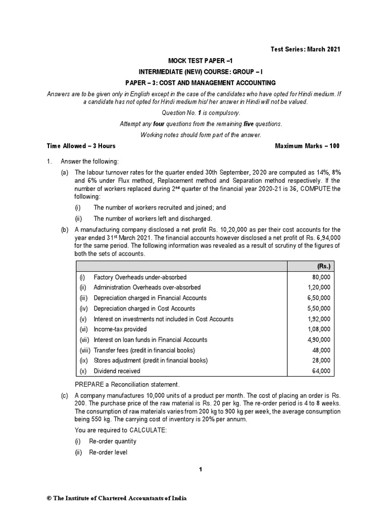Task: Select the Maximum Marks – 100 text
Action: click(x=307, y=146)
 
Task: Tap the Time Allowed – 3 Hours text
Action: click(x=81, y=146)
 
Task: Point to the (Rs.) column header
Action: click(x=321, y=267)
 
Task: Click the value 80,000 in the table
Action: click(x=321, y=277)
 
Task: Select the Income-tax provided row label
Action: click(x=120, y=329)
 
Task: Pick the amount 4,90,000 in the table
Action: click(x=318, y=340)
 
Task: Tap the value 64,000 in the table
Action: click(x=321, y=371)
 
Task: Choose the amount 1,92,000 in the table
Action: click(x=318, y=319)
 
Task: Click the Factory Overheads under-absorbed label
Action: click(x=140, y=277)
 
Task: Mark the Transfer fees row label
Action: click(x=144, y=350)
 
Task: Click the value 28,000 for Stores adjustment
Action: click(x=321, y=360)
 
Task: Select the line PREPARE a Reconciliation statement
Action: click(x=127, y=385)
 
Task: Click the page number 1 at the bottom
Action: click(x=201, y=470)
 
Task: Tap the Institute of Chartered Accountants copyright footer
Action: click(x=117, y=498)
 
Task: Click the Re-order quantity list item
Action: click(x=112, y=441)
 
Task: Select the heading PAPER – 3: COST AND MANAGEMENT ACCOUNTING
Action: click(x=201, y=82)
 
